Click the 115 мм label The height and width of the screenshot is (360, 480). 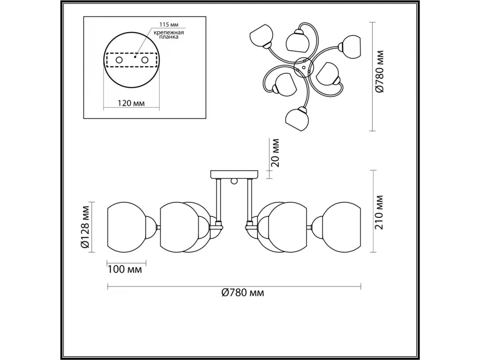point(169,24)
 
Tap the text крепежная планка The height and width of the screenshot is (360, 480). point(169,35)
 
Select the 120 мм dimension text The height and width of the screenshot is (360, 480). point(131,103)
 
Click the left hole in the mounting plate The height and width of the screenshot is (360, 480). point(119,60)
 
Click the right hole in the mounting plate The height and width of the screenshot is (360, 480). point(145,60)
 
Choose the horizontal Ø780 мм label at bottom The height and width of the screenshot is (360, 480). point(243,292)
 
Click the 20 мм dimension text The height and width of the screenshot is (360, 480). point(275,153)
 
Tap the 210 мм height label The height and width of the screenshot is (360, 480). point(379,212)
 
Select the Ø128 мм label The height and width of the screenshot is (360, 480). point(86,227)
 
